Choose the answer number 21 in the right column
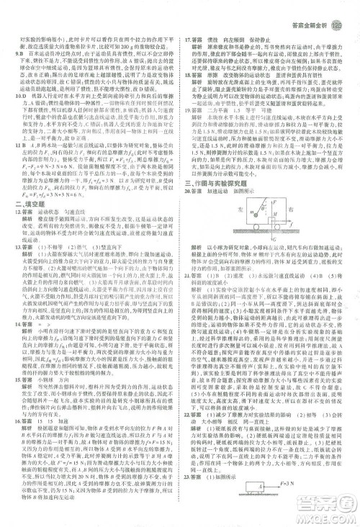tap(188, 275)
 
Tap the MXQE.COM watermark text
tap(318, 516)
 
